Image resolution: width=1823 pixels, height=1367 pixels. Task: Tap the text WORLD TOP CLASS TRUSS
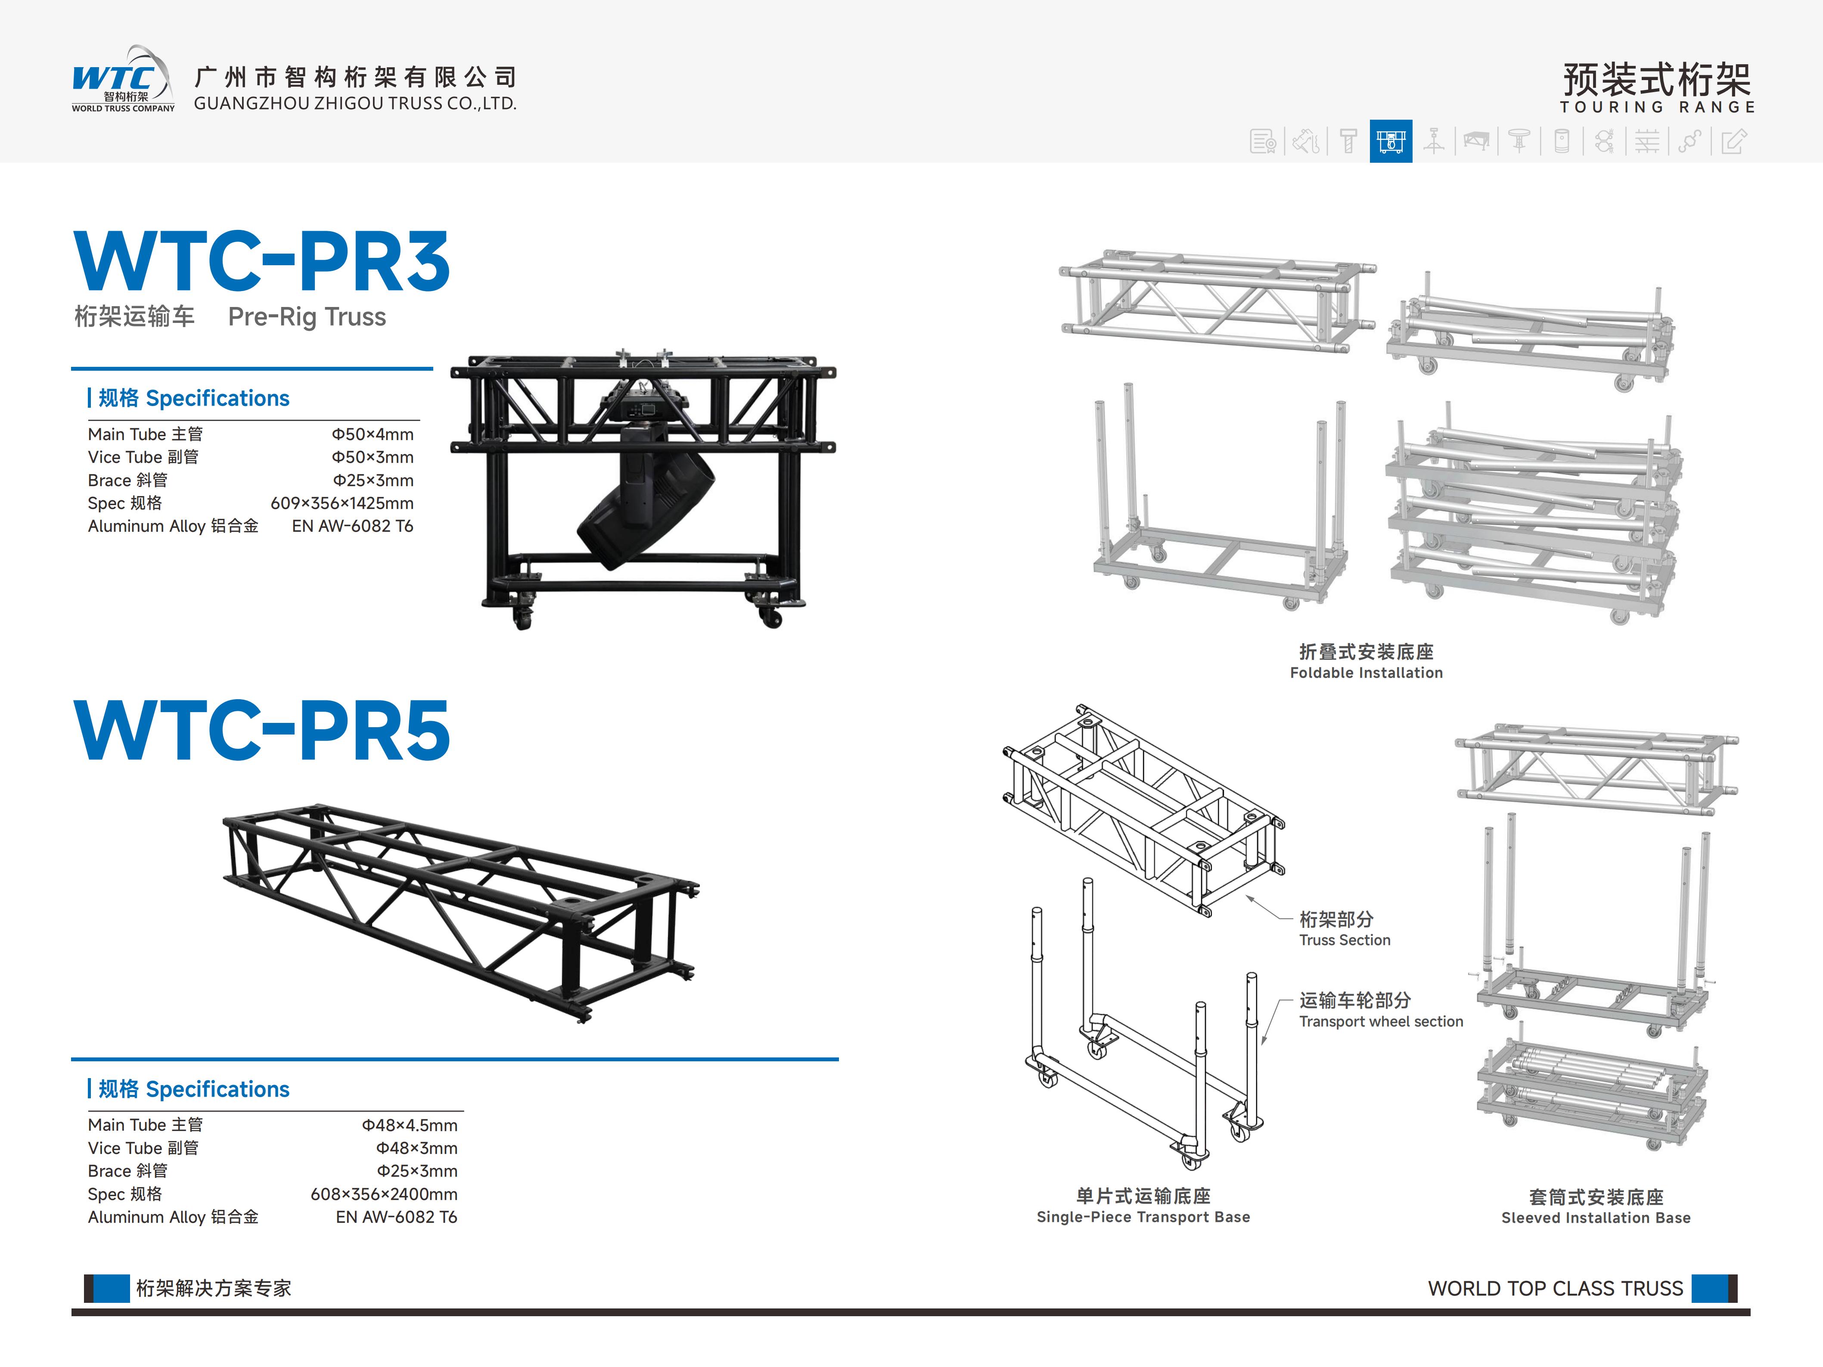click(1555, 1289)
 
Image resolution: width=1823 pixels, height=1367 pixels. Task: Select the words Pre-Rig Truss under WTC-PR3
click(307, 317)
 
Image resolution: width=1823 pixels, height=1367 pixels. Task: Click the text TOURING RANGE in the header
click(1656, 107)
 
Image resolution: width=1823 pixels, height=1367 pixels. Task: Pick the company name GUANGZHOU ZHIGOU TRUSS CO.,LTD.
click(355, 104)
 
